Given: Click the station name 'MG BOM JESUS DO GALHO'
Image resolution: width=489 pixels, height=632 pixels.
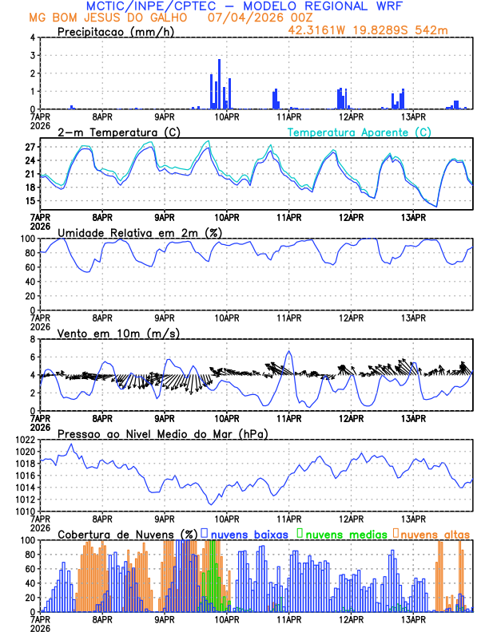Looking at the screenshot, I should [109, 17].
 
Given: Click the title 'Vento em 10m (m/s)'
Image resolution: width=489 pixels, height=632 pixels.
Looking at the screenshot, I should [118, 333].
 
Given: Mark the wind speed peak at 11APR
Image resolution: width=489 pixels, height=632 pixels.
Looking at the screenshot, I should [289, 352].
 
